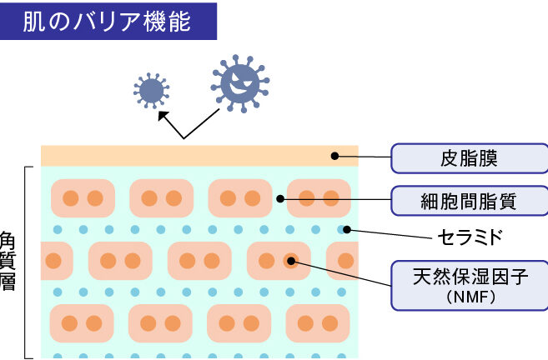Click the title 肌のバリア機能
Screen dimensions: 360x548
(108, 20)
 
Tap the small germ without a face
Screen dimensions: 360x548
(152, 89)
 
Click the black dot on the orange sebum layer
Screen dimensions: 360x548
(335, 155)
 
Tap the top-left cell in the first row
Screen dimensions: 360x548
(83, 198)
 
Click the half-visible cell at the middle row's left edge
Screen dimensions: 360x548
(55, 260)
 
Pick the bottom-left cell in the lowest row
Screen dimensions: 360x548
(82, 322)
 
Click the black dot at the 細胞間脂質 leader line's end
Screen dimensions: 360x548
(281, 198)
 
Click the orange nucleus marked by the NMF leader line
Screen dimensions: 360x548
(290, 260)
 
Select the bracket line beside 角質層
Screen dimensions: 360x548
(28, 262)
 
